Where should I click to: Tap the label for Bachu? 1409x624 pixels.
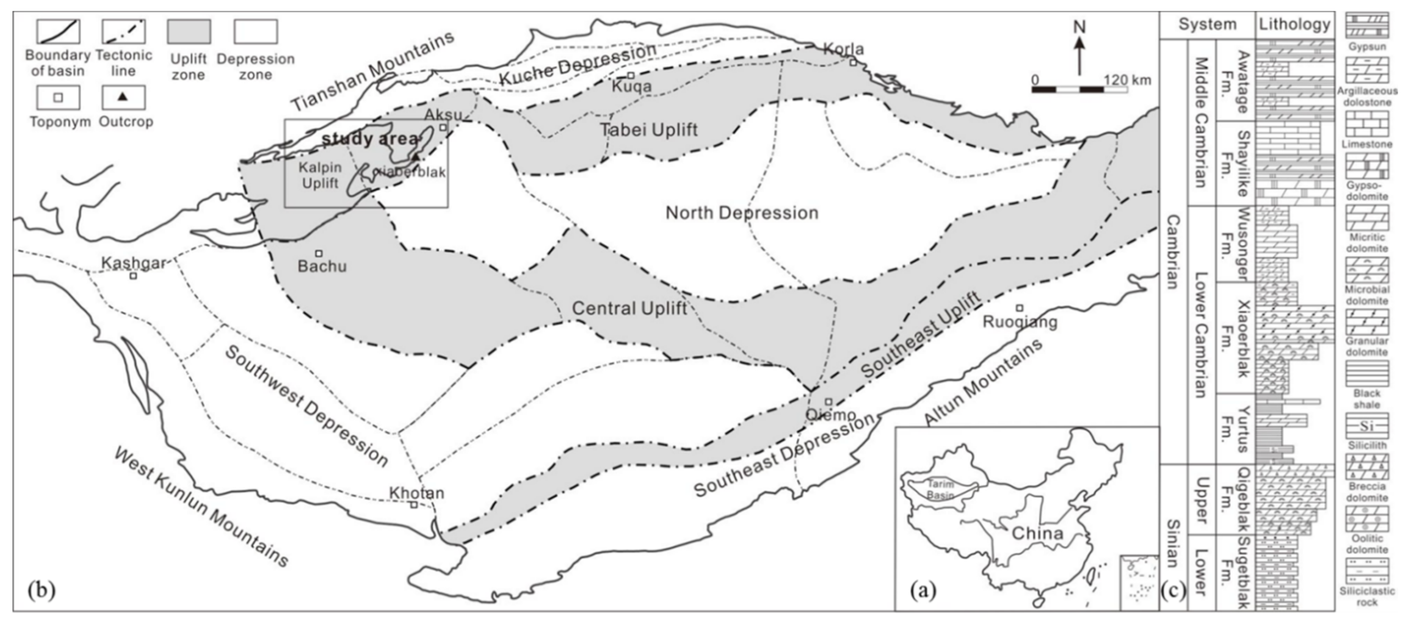tap(322, 266)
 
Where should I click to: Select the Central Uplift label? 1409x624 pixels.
tap(629, 308)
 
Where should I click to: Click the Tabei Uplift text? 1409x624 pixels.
tap(649, 130)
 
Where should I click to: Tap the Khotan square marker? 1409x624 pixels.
tap(414, 504)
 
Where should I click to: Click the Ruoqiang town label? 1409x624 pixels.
tap(1020, 322)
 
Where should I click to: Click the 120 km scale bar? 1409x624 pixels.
tap(1079, 89)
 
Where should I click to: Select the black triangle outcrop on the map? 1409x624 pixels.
tap(416, 157)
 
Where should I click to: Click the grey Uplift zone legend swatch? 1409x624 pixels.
tap(189, 32)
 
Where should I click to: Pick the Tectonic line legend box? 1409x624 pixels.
tap(124, 32)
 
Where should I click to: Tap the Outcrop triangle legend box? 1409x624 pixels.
tap(124, 98)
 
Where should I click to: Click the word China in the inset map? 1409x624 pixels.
tap(1037, 533)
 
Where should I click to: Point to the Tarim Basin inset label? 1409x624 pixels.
tap(940, 489)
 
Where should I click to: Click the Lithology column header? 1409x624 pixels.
tap(1294, 25)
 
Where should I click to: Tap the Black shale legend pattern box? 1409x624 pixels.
tap(1367, 373)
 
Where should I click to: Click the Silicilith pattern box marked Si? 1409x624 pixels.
tap(1367, 425)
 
